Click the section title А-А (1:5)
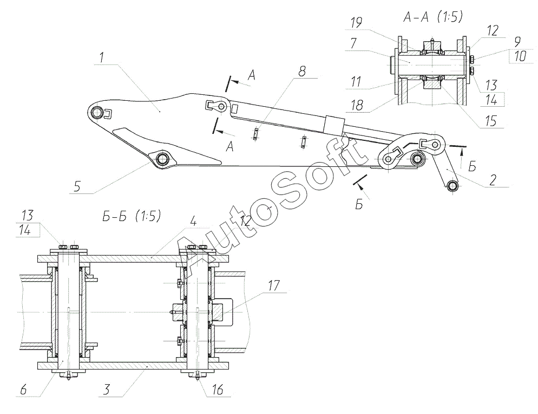(431, 17)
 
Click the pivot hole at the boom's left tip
(97, 112)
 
